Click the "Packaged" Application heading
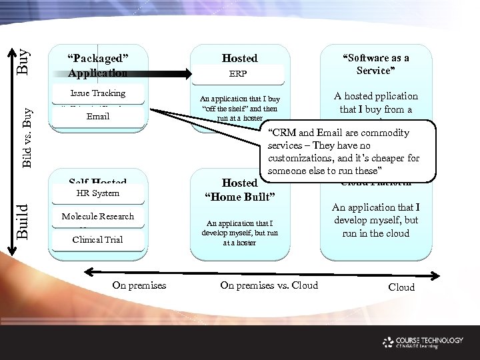pyautogui.click(x=97, y=65)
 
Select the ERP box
pyautogui.click(x=239, y=74)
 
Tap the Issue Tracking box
pyautogui.click(x=97, y=93)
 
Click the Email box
pyautogui.click(x=97, y=117)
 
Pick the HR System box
pyautogui.click(x=97, y=193)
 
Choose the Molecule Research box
pyautogui.click(x=97, y=216)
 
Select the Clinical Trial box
pyautogui.click(x=97, y=239)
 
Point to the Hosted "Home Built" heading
pyautogui.click(x=239, y=189)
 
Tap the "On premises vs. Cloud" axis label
pyautogui.click(x=269, y=286)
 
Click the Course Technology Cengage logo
pyautogui.click(x=423, y=342)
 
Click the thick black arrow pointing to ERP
pyautogui.click(x=133, y=75)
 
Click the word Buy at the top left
pyautogui.click(x=23, y=61)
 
